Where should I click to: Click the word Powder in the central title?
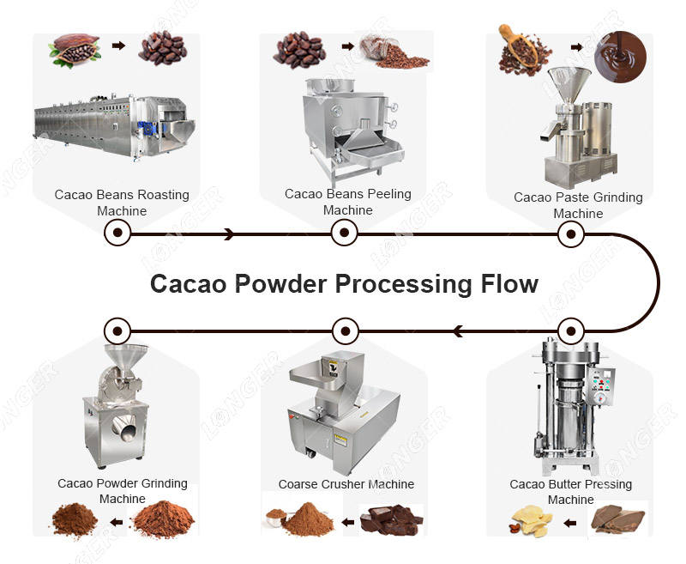[281, 284]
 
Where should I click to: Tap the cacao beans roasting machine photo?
[115, 126]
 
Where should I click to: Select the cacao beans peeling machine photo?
[353, 131]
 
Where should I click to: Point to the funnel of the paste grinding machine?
[569, 83]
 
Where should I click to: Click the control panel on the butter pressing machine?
[601, 385]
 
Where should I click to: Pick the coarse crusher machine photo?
[344, 413]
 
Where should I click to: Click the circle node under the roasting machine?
[117, 233]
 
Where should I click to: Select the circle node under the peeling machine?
[345, 233]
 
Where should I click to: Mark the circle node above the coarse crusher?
[346, 331]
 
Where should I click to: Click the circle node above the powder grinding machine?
[117, 331]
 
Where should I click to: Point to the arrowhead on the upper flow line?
[229, 233]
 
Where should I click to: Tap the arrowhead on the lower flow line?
[458, 331]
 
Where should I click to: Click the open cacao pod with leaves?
[75, 50]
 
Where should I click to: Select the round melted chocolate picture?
[620, 57]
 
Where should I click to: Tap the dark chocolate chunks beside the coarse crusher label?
[391, 519]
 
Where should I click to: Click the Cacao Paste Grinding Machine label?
[578, 205]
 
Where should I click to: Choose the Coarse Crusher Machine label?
[346, 484]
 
